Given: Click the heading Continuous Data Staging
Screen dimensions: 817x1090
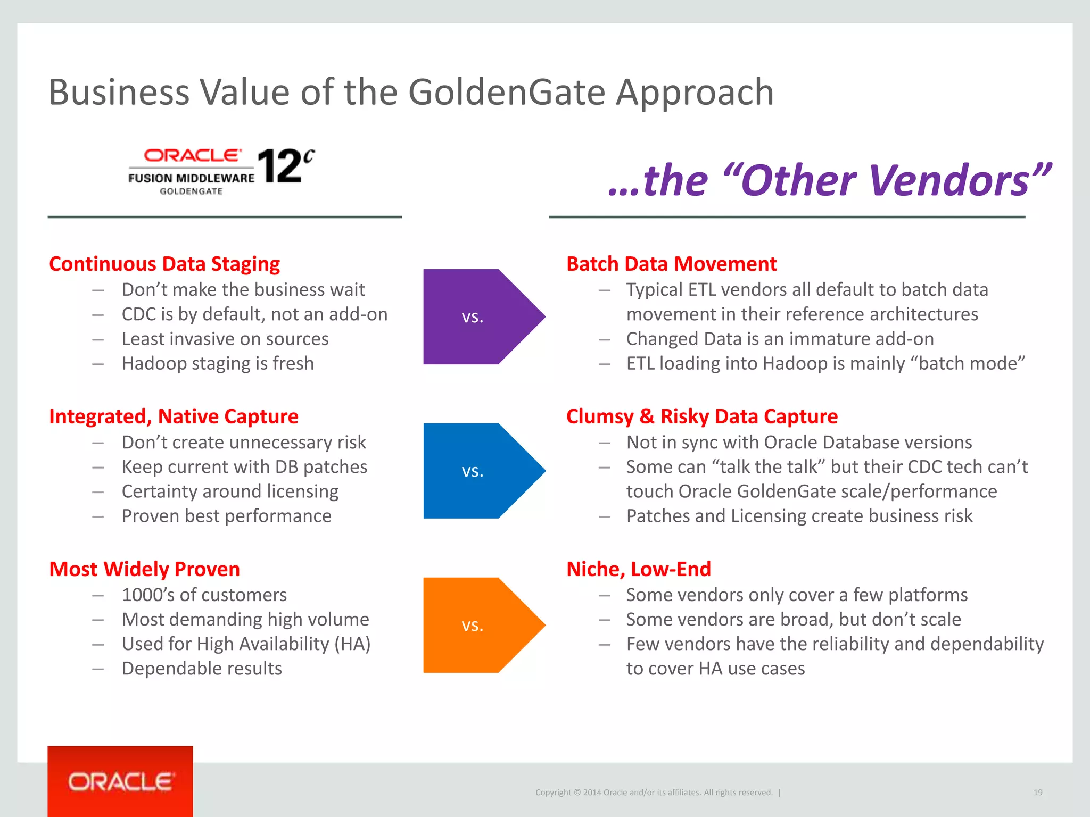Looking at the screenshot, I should (x=164, y=264).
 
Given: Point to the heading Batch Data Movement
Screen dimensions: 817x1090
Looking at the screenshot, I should (x=671, y=264).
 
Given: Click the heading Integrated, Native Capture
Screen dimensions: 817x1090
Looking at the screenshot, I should (x=174, y=416).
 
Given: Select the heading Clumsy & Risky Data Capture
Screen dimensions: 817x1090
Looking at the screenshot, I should (x=701, y=416).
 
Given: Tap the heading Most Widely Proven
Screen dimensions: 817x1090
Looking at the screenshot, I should (x=144, y=569).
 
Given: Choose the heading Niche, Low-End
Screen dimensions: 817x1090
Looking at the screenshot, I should (x=638, y=569).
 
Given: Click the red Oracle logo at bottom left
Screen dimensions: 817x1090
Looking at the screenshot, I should (x=120, y=781).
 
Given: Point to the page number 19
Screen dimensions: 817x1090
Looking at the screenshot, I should (x=1037, y=793).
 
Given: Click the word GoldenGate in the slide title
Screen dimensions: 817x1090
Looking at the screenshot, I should (x=506, y=93).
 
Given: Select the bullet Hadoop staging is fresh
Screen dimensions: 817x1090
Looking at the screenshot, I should (x=218, y=363).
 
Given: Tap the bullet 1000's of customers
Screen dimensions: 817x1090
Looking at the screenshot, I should (x=204, y=595).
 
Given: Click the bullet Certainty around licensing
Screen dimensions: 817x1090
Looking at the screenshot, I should (x=230, y=491).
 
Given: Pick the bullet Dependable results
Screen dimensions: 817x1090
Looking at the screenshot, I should (x=202, y=669).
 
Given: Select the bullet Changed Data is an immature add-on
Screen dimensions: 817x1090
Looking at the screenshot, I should (x=780, y=339).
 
